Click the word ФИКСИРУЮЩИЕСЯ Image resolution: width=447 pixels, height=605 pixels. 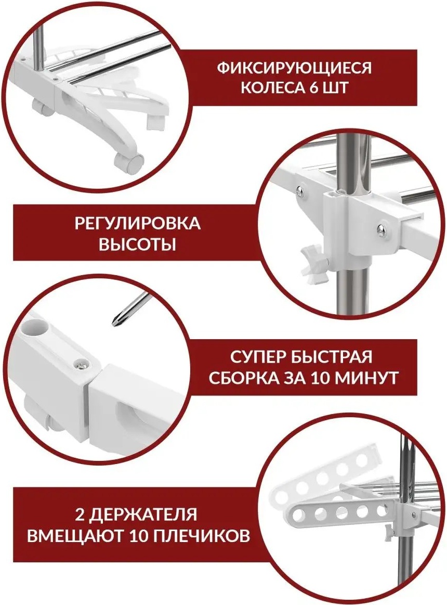(x=294, y=68)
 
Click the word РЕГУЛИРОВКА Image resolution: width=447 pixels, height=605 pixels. (x=137, y=223)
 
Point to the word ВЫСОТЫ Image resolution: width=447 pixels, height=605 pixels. (x=137, y=244)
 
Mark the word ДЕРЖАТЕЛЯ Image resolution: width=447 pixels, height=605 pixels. (x=145, y=514)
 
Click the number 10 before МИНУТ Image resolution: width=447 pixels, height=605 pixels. (x=320, y=378)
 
